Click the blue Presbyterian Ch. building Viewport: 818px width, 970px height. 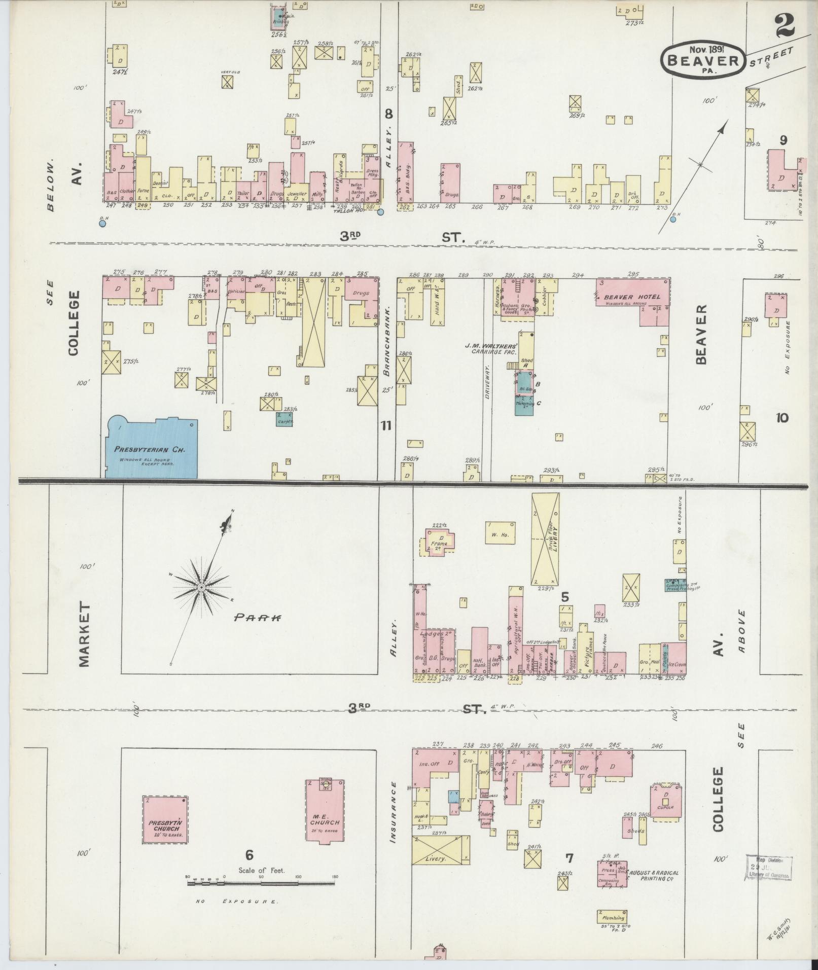click(x=151, y=448)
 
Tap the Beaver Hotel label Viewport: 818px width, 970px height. click(x=632, y=297)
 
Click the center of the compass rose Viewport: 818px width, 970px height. click(x=201, y=587)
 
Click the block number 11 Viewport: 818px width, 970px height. click(x=386, y=425)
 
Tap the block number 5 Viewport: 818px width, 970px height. click(x=565, y=596)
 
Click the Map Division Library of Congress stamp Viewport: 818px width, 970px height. click(x=768, y=867)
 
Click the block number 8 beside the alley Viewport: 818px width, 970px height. click(x=388, y=114)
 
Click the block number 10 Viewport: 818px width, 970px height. click(x=781, y=418)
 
